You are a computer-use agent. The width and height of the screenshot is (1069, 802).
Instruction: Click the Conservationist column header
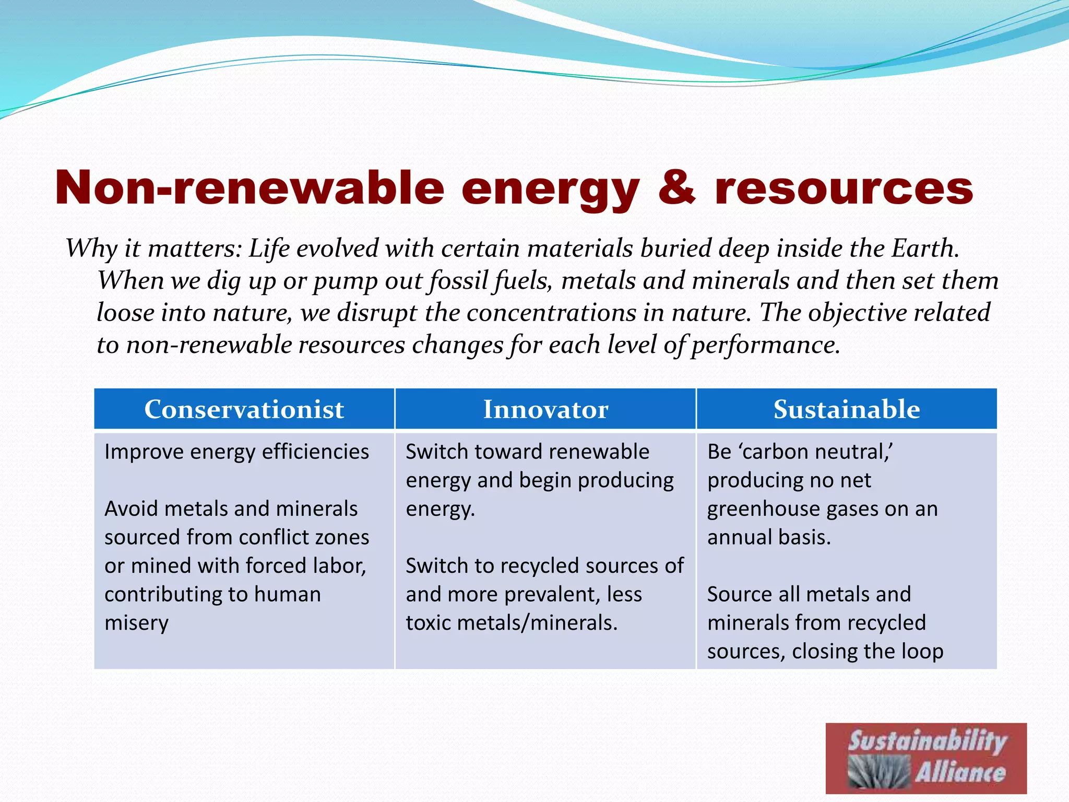pos(244,409)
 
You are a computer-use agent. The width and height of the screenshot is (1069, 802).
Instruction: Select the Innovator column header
pos(545,409)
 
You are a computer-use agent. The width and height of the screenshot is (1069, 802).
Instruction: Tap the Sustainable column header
pos(846,409)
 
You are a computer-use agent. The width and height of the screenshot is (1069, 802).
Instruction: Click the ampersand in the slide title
pos(676,188)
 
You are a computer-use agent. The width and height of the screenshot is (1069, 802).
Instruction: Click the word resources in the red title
pos(844,188)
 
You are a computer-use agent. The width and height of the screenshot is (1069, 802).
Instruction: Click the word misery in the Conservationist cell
pos(137,623)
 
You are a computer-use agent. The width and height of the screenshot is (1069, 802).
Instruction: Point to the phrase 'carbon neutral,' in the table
pos(800,452)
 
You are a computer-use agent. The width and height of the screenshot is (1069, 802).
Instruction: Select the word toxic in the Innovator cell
pos(429,623)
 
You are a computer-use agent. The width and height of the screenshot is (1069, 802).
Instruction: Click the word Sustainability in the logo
pos(927,741)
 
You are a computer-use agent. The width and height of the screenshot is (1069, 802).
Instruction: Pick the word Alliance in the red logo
pos(960,772)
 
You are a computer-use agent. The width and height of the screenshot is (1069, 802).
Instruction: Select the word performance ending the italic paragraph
pos(766,345)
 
